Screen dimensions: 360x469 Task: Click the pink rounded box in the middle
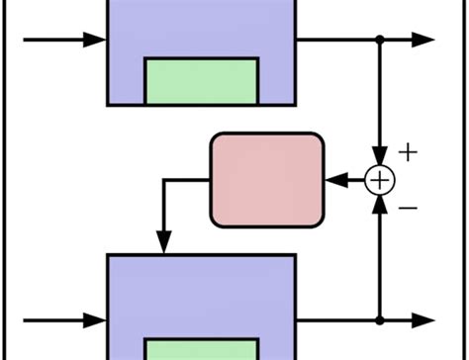(x=267, y=179)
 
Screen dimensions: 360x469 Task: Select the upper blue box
(x=201, y=30)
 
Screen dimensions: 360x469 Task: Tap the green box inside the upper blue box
(x=202, y=81)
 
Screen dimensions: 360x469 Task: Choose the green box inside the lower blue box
(x=202, y=348)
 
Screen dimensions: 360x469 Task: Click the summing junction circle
(x=380, y=180)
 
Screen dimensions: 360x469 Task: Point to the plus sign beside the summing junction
(x=408, y=152)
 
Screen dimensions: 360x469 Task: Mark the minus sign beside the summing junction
(x=409, y=208)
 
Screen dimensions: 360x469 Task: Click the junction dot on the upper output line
(x=380, y=41)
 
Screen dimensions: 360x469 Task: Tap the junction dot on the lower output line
(x=380, y=320)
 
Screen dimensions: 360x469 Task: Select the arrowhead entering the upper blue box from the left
(x=96, y=41)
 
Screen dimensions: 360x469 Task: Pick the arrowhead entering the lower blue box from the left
(x=96, y=320)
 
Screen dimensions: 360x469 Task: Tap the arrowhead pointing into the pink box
(x=334, y=180)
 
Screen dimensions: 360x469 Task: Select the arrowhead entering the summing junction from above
(x=380, y=159)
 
